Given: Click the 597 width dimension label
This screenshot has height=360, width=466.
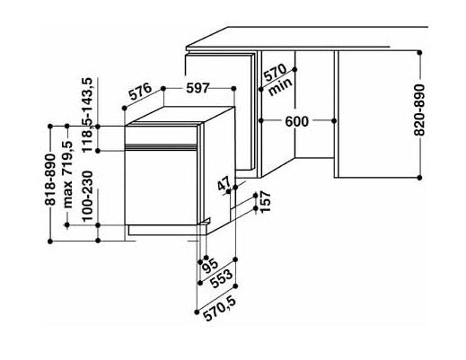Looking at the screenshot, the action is pos(198,88).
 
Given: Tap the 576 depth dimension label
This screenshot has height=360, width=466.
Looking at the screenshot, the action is pos(140,92).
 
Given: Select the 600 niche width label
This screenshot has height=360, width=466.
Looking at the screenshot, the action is pos(296,121).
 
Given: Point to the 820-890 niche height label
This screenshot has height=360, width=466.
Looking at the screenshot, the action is pos(419,110).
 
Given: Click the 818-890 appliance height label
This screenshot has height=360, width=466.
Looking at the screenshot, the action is pos(50,180).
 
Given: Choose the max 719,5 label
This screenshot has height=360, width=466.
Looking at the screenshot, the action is pos(67,175).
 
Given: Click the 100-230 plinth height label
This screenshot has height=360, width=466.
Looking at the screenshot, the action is pos(87,196).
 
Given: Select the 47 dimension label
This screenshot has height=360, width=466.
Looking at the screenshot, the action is pos(224,183).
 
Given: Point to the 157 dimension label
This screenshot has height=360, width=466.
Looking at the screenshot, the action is pos(265,201).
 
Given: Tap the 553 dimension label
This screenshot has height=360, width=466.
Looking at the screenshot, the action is pos(222,279).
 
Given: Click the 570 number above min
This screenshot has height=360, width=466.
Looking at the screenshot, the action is pos(276,73).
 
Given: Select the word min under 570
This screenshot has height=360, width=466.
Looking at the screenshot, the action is pos(280,87).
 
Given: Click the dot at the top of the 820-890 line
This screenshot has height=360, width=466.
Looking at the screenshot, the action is pos(419,53).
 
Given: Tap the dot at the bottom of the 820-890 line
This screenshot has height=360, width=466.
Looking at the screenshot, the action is pos(419,178).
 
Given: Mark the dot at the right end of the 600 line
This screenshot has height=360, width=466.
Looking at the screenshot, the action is pos(334,121).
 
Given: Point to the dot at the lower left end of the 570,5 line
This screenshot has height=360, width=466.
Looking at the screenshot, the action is pos(197,312).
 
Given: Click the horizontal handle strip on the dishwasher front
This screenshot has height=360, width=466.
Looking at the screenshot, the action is pos(161,146).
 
